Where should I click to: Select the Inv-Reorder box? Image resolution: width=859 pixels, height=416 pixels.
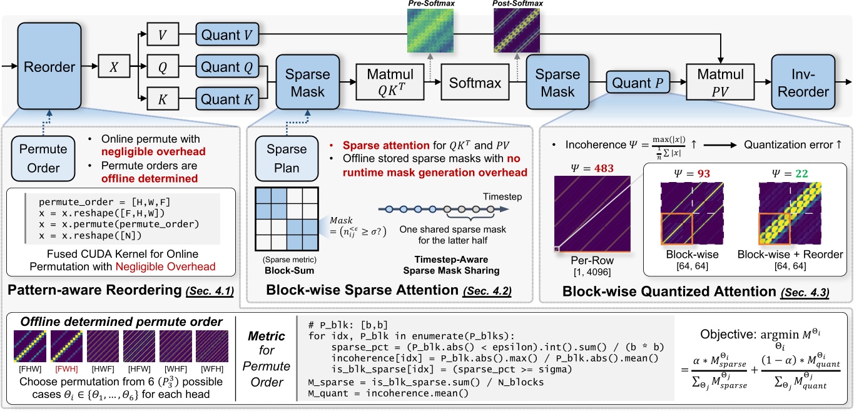pyautogui.click(x=803, y=82)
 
